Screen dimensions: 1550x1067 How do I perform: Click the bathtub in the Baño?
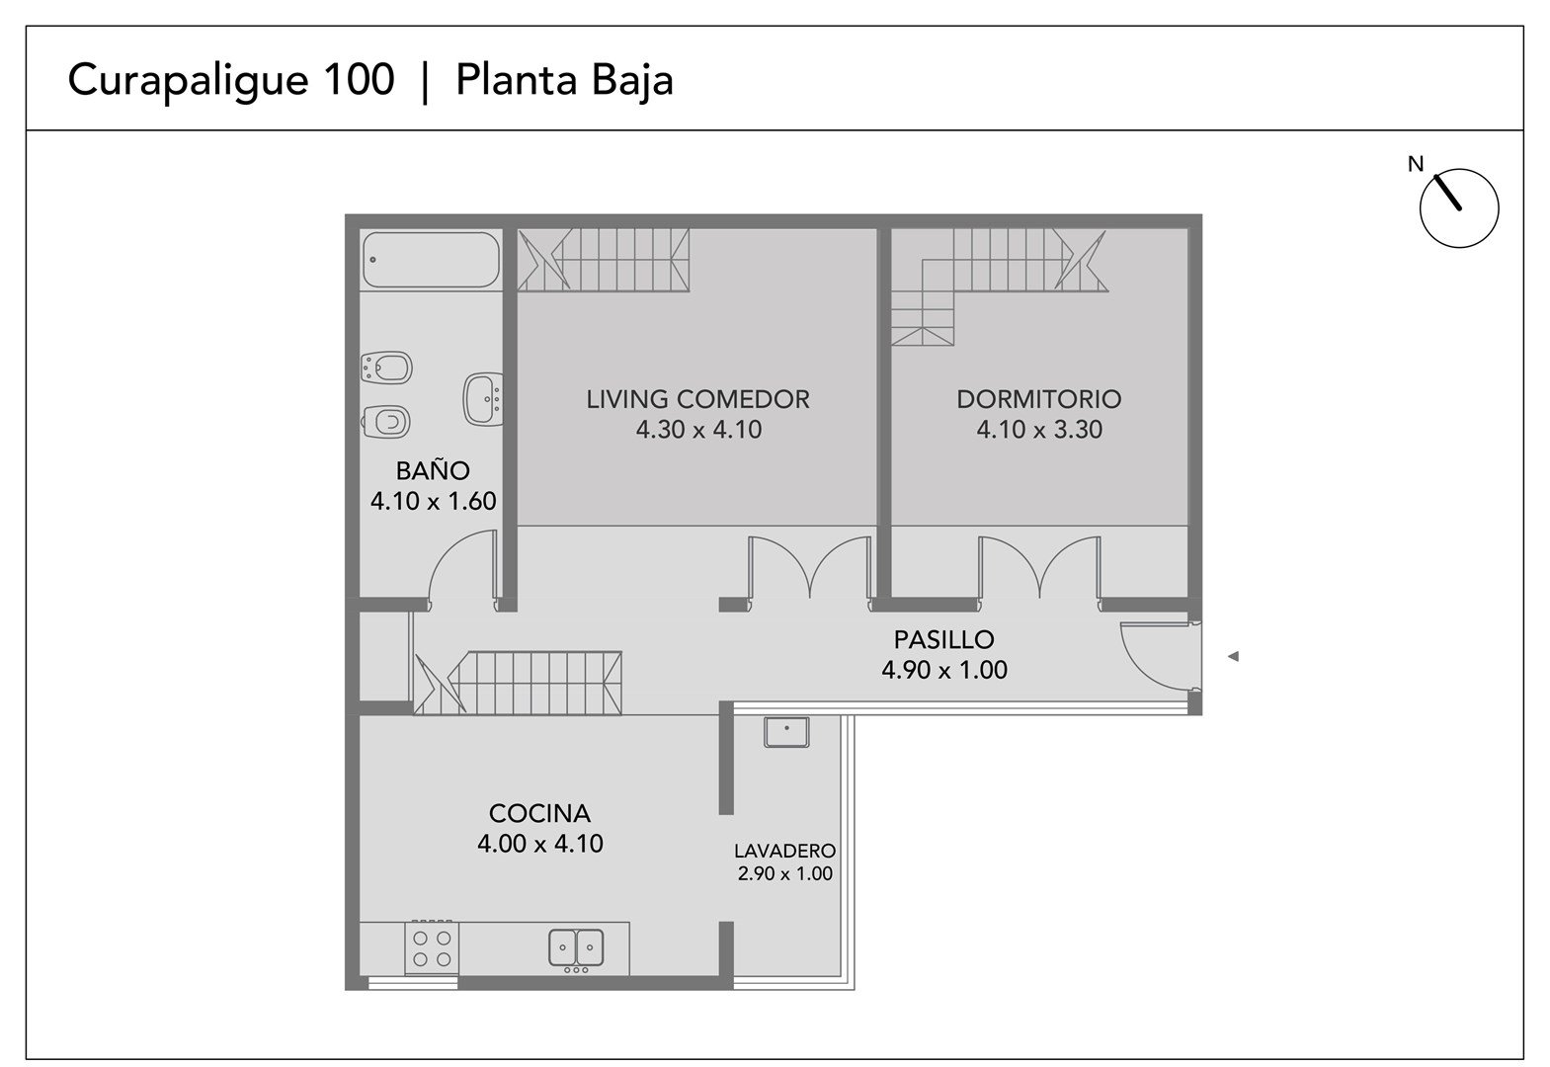click(x=431, y=260)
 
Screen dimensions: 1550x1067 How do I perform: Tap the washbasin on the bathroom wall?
click(x=484, y=399)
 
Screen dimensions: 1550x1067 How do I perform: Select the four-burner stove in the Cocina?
click(x=432, y=947)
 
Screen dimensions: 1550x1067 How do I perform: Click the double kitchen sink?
click(x=576, y=947)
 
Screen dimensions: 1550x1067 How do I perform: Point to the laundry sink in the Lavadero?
click(x=786, y=732)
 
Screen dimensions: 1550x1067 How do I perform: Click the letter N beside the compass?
click(x=1416, y=164)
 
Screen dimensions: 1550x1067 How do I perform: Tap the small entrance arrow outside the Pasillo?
click(x=1233, y=656)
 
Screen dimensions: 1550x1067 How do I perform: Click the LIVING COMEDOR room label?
click(x=698, y=399)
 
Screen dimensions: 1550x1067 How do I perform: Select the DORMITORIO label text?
click(x=1038, y=399)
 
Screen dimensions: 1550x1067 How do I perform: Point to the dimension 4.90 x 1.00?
click(x=943, y=670)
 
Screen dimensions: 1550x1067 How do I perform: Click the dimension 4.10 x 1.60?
click(x=433, y=501)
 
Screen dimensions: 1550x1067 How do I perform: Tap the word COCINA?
click(x=539, y=813)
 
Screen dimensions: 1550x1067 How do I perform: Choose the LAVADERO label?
click(x=784, y=851)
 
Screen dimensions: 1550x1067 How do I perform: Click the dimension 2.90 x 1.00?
click(x=784, y=874)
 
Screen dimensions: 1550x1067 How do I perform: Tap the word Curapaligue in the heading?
click(x=189, y=82)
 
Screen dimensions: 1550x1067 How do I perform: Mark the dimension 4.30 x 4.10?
click(x=698, y=430)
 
